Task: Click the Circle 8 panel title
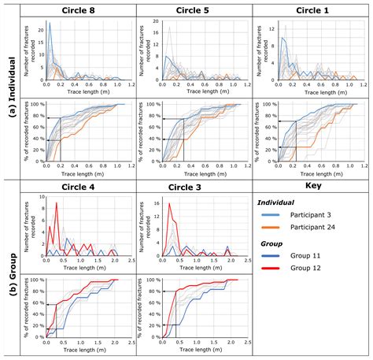tap(79, 9)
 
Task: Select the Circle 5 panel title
tap(194, 9)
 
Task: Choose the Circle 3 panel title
tap(194, 187)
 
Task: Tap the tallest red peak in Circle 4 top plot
tap(56, 203)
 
